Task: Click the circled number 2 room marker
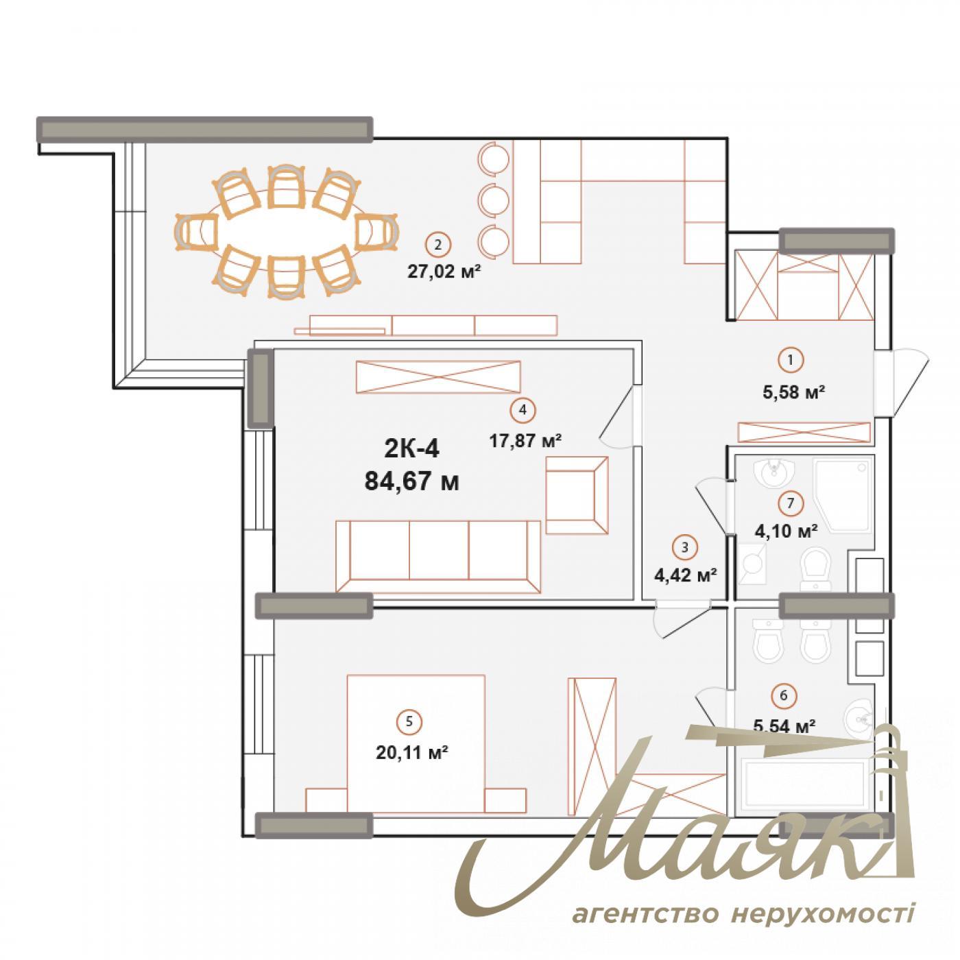[438, 243]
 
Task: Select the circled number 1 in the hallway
[790, 359]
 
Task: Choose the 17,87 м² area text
[525, 440]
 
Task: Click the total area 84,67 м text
[411, 481]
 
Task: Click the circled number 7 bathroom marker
[790, 503]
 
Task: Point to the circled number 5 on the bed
[409, 721]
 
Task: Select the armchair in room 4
[577, 495]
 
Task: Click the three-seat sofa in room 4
[438, 555]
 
